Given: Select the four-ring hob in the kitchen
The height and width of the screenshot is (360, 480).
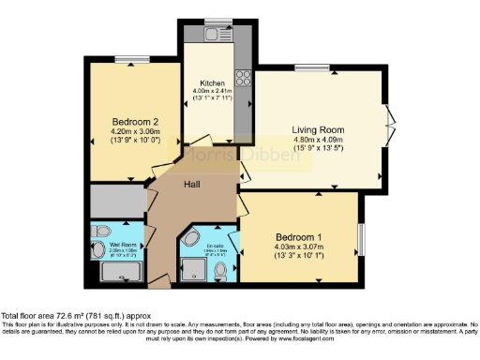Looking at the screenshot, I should [x=242, y=76].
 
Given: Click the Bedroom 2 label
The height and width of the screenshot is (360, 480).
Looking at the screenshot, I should [x=137, y=122].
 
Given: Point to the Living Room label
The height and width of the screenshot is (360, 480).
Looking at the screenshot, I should [x=317, y=129].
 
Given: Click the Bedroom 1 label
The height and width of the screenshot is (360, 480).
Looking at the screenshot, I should [x=299, y=237].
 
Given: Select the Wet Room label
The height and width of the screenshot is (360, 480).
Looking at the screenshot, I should [x=110, y=245].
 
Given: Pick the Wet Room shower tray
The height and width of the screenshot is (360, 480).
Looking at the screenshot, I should [x=119, y=272].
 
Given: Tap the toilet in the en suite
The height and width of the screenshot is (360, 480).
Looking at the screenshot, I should [x=221, y=272].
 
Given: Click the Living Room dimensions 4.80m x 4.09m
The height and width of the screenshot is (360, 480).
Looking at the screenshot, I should [x=317, y=141].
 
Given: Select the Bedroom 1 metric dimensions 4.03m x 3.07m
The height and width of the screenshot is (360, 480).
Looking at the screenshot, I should [x=299, y=247].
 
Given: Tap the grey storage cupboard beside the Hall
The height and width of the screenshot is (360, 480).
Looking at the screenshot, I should [x=117, y=201].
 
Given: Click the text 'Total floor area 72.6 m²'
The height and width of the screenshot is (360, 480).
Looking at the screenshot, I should [x=53, y=317].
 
